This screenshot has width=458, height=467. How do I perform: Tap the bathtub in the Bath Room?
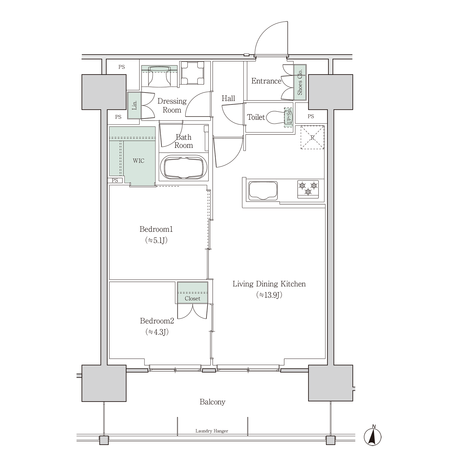click(x=184, y=167)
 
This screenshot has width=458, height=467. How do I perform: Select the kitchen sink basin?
click(x=263, y=190)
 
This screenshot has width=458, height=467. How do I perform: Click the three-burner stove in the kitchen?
click(x=308, y=189)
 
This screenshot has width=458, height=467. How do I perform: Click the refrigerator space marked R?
click(x=312, y=137)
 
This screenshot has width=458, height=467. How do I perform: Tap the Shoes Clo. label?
click(x=300, y=82)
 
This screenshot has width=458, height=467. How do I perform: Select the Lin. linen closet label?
click(x=134, y=105)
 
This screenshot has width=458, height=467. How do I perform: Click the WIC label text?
click(x=139, y=161)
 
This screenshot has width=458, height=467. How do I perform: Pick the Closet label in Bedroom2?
click(x=192, y=298)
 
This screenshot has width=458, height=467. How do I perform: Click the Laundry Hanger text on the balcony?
click(x=212, y=431)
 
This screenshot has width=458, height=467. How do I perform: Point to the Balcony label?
click(x=212, y=402)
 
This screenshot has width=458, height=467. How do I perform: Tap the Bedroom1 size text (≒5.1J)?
click(x=156, y=240)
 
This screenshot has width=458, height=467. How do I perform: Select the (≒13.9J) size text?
click(x=269, y=295)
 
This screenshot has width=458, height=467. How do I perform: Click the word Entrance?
click(x=266, y=81)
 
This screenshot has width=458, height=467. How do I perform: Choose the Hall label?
click(x=228, y=98)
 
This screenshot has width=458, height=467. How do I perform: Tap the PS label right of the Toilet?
click(x=311, y=116)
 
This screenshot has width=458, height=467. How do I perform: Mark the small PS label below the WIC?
click(x=115, y=180)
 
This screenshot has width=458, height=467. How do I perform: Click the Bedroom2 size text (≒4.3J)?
click(x=157, y=332)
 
